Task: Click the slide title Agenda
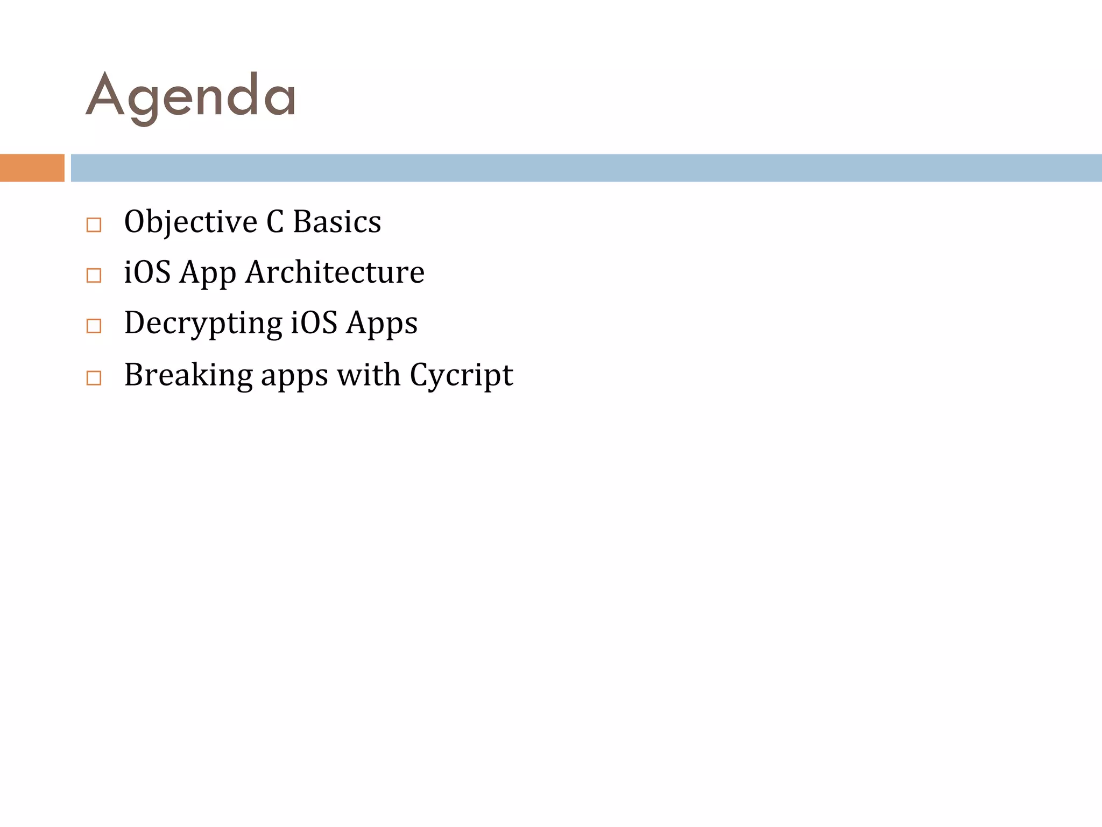190,97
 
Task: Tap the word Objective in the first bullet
190,222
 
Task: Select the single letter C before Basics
275,221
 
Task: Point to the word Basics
337,221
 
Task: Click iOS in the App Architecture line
147,272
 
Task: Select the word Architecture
335,272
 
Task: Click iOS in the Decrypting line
314,323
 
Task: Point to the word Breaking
188,375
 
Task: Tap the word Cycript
461,375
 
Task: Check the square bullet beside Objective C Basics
94,225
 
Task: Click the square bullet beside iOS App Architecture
94,276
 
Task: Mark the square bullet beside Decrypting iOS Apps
94,326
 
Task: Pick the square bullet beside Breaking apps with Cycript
94,378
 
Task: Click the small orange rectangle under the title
32,168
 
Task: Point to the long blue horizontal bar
586,168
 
